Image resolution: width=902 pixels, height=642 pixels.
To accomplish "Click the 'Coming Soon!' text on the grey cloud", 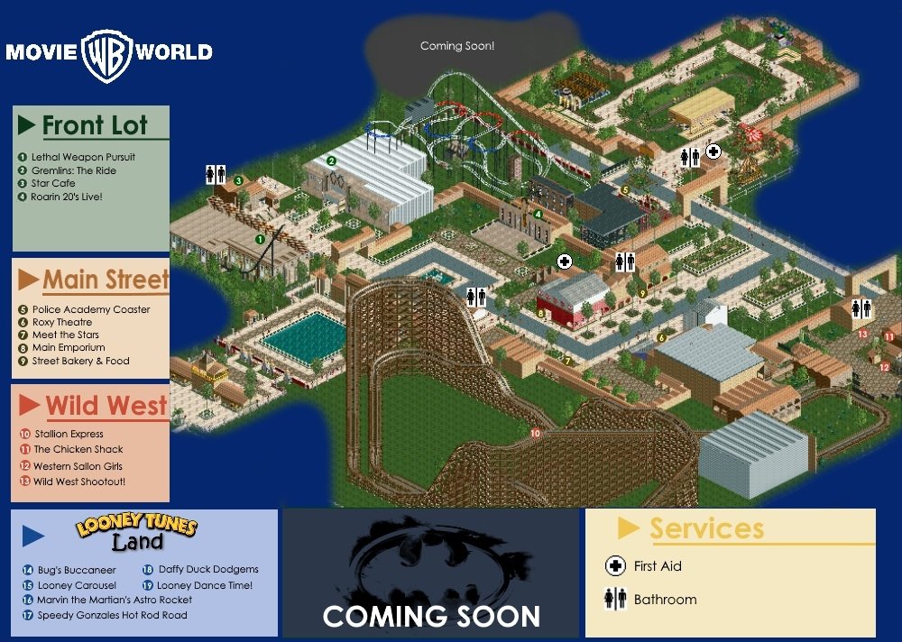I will pyautogui.click(x=457, y=46).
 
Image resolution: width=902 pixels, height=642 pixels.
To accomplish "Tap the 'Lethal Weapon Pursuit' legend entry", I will pyautogui.click(x=82, y=157).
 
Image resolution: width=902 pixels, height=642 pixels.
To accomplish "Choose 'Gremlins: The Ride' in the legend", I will pyautogui.click(x=73, y=170).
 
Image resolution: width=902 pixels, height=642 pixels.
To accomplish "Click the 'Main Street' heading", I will pyautogui.click(x=106, y=280).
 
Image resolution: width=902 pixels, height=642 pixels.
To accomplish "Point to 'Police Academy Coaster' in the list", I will pyautogui.click(x=90, y=309).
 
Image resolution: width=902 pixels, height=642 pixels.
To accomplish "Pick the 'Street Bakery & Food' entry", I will pyautogui.click(x=80, y=361).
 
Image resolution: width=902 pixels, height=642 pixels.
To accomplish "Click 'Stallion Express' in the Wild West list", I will pyautogui.click(x=69, y=434).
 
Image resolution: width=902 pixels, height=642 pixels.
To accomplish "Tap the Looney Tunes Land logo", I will pyautogui.click(x=136, y=531).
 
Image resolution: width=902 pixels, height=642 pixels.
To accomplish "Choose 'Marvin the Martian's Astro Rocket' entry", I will pyautogui.click(x=114, y=600).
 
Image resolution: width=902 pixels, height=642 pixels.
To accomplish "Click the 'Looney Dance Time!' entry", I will pyautogui.click(x=205, y=585).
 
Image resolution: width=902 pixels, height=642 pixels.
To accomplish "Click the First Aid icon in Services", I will pyautogui.click(x=615, y=566).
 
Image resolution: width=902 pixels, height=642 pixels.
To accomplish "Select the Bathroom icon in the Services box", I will pyautogui.click(x=615, y=599).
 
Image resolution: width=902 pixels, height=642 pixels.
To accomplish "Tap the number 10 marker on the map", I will pyautogui.click(x=535, y=434).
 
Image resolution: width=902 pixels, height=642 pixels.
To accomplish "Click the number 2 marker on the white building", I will pyautogui.click(x=331, y=160).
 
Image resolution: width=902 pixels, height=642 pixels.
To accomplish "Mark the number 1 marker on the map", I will pyautogui.click(x=259, y=239).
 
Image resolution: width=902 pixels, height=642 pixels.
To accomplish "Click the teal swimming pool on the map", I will pyautogui.click(x=303, y=336).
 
